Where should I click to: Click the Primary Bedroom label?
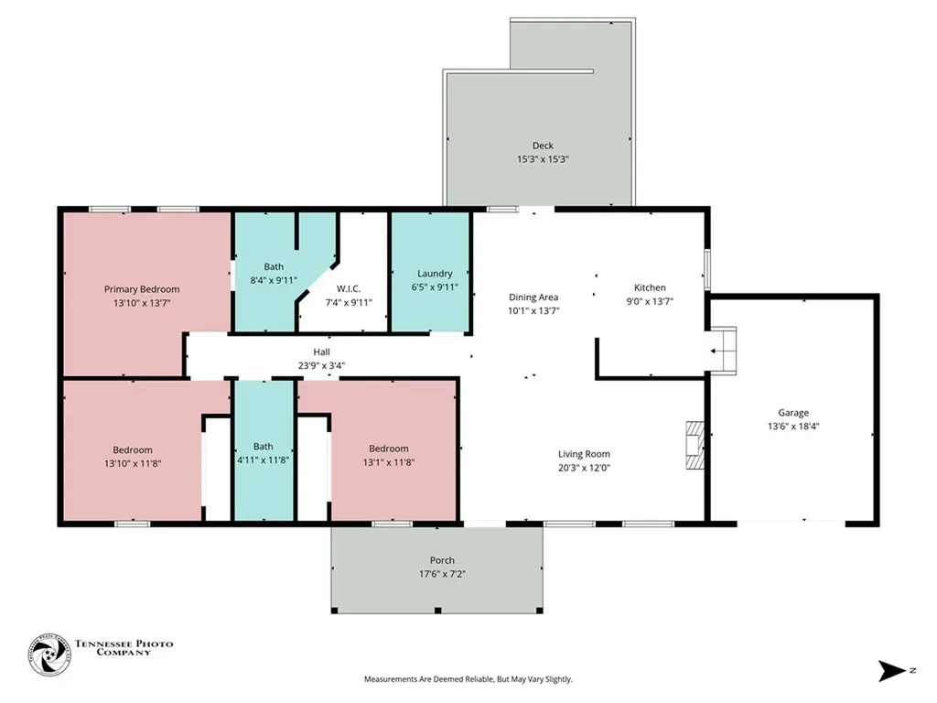[x=142, y=289]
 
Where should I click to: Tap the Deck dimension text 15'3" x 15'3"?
[x=543, y=159]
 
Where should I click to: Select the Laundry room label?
[x=435, y=274]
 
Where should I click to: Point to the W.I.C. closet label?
[x=349, y=288]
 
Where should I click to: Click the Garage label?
[x=793, y=413]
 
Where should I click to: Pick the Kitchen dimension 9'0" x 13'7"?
[x=650, y=301]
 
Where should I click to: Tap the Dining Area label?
[x=533, y=297]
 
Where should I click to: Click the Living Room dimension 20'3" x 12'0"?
[x=584, y=468]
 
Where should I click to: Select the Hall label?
[x=321, y=352]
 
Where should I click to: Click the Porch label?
[x=442, y=560]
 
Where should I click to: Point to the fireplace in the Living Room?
[x=695, y=446]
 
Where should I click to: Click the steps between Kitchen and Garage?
[x=723, y=351]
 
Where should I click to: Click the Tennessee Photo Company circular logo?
[x=49, y=655]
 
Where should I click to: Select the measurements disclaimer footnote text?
[x=468, y=679]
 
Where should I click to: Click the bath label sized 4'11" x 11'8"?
[x=263, y=447]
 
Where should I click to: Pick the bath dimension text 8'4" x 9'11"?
[x=274, y=280]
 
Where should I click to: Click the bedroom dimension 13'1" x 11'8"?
[x=388, y=462]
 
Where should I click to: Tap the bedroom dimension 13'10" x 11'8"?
[x=133, y=463]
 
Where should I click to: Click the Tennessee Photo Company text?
[x=124, y=648]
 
